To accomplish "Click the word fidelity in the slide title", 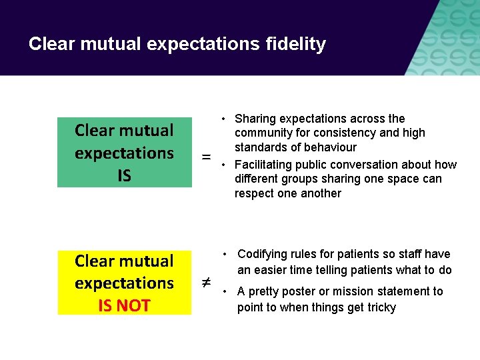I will coord(295,44).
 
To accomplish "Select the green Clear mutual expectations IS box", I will coord(124,152).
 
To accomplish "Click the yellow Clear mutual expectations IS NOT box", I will coord(124,283).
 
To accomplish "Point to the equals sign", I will coord(207,157).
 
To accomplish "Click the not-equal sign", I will coord(207,283).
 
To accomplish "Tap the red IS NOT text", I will coord(124,305).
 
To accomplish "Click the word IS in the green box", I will coord(124,175).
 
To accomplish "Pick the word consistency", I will coord(346,133).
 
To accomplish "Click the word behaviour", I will coord(327,147).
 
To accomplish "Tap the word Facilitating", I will coord(265,165).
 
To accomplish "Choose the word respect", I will coord(254,193).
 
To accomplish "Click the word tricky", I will coord(380,307).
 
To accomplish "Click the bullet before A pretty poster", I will coord(227,291).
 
